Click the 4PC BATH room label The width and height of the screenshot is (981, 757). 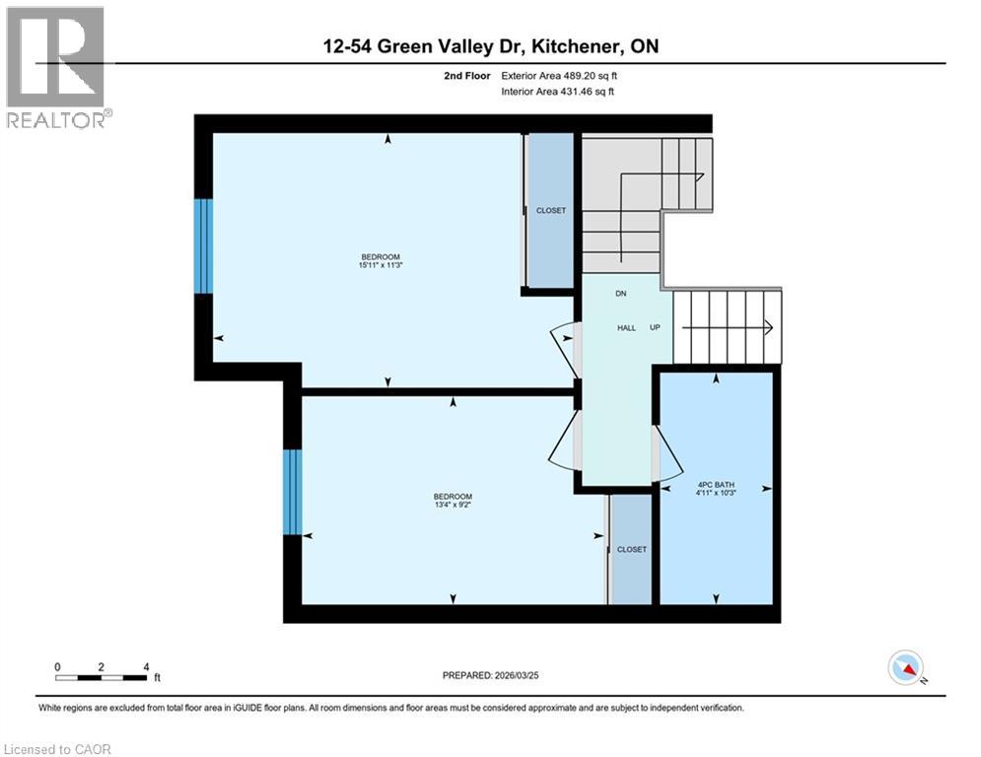point(715,485)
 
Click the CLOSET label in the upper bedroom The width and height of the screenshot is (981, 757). point(551,211)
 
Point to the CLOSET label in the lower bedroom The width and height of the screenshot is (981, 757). point(631,549)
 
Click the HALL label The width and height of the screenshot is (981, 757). point(626,327)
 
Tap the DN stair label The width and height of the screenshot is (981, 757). point(621,293)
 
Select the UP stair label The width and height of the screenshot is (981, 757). point(655,327)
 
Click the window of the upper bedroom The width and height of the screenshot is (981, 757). point(203,246)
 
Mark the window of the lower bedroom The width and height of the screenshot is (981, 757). point(292,492)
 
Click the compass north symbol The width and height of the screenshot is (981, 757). point(905,668)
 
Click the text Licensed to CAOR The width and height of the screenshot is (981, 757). point(58,749)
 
